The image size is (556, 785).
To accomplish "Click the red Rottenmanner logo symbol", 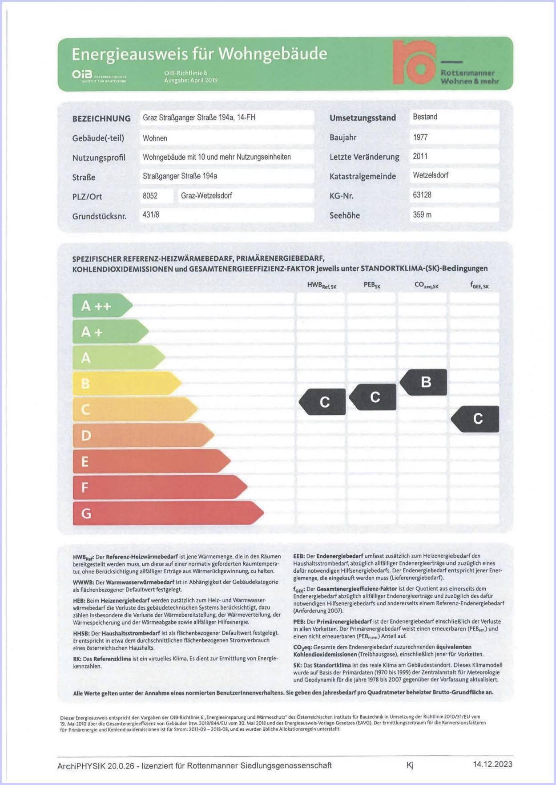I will point(414,63).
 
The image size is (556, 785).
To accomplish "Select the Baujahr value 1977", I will point(420,137).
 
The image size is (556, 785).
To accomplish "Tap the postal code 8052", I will point(150,195).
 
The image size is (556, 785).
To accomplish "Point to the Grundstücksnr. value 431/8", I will point(151,215).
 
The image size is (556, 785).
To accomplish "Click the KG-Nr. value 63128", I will point(422,195).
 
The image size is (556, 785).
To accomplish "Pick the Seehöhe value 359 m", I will point(422,214).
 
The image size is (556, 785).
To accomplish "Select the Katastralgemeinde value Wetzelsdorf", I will point(430,175).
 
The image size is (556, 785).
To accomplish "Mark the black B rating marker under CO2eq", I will point(424,382).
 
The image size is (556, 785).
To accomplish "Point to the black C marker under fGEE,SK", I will point(475,419).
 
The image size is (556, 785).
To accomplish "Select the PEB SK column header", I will point(372,285).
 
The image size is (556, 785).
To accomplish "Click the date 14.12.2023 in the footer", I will point(492,764).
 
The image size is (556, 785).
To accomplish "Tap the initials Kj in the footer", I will point(410,765).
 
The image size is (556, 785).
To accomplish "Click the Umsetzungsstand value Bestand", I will point(425,117).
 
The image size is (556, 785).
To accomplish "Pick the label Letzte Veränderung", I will point(364,157).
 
